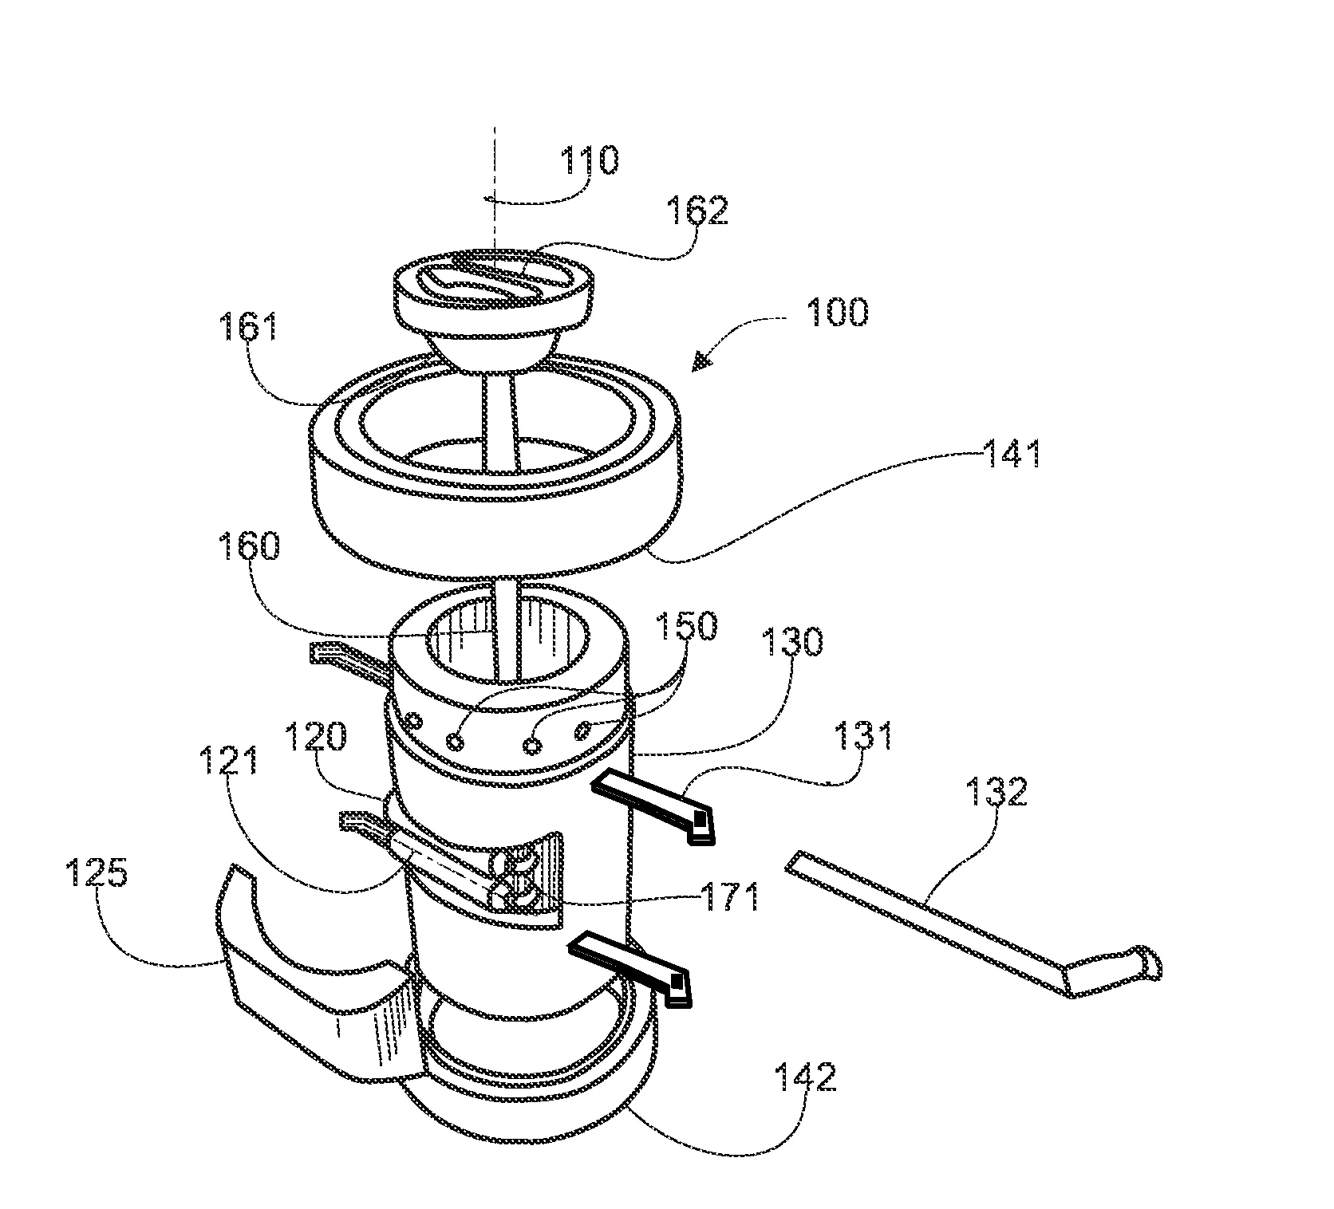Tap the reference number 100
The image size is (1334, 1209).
[x=836, y=312]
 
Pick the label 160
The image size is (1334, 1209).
[x=249, y=548]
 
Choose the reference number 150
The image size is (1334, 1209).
[x=687, y=628]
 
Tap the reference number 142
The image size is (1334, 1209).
[x=807, y=1077]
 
